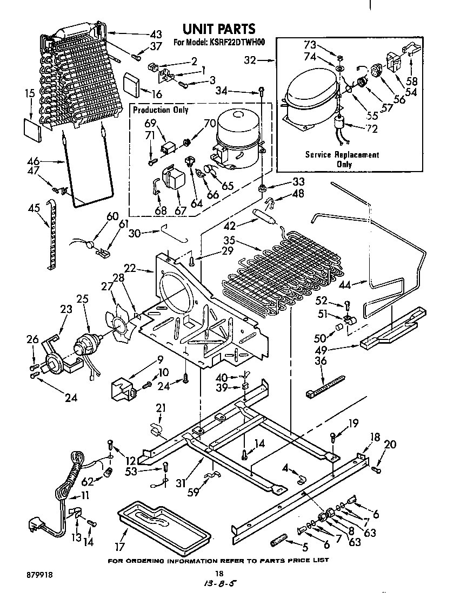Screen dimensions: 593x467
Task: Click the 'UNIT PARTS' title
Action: pos(218,29)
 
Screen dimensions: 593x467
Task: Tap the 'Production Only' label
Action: pos(161,110)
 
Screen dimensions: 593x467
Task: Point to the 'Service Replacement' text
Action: pos(342,154)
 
